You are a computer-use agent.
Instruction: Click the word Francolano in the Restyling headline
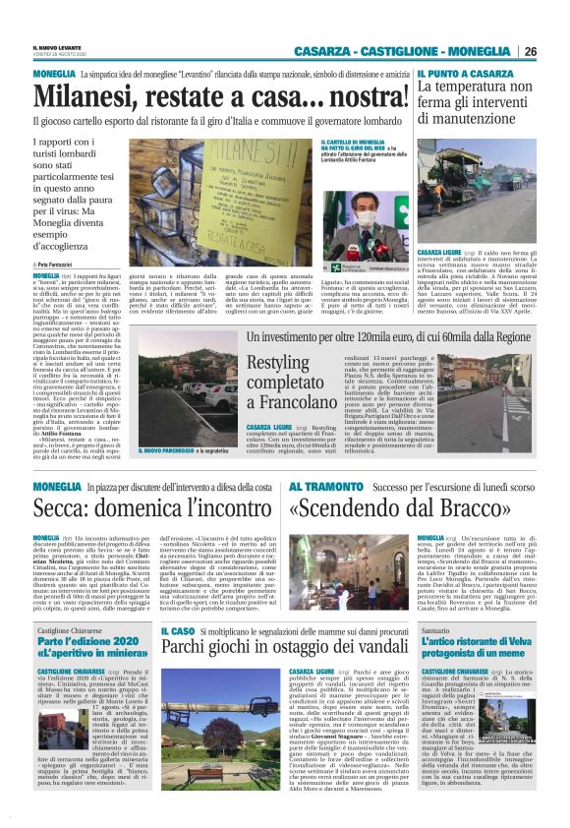[279, 403]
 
